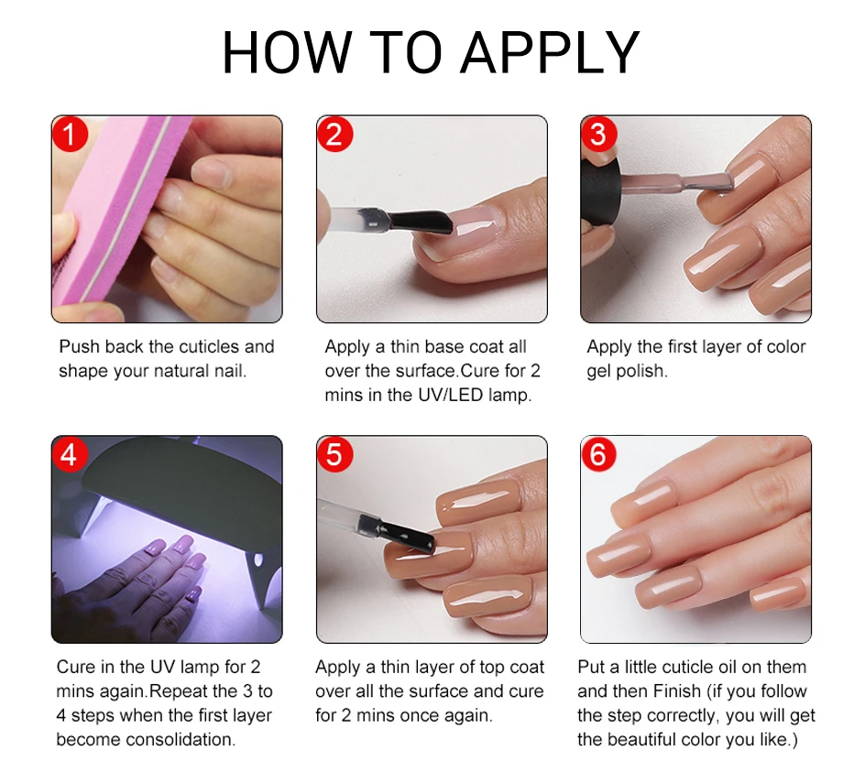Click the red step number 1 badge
(70, 134)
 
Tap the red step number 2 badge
(334, 134)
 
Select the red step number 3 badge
(598, 134)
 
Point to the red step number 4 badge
(70, 454)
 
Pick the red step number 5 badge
(334, 454)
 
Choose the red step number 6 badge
(598, 454)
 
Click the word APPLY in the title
(550, 52)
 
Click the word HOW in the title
(287, 52)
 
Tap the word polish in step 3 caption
(641, 371)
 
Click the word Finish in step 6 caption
(677, 690)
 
